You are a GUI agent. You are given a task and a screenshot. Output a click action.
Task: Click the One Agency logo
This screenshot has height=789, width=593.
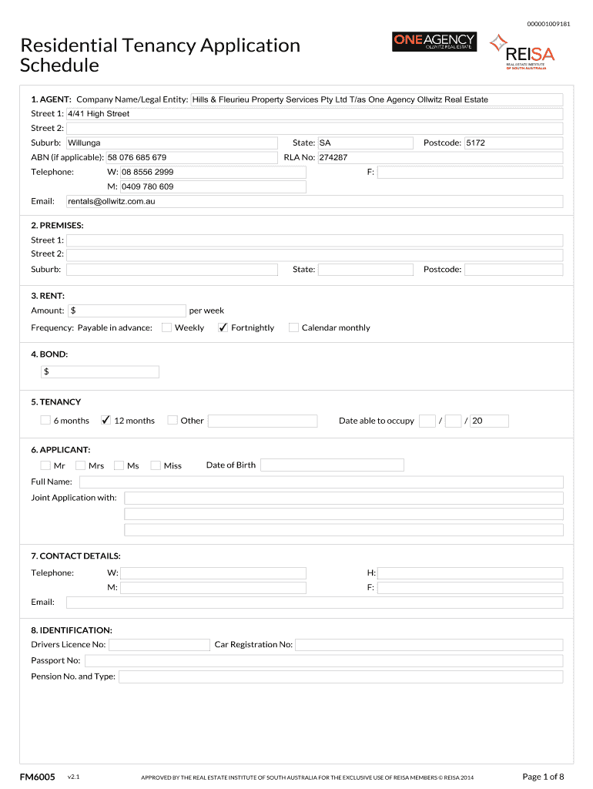pyautogui.click(x=434, y=42)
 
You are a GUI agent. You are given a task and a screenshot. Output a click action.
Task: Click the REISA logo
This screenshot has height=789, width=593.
pyautogui.click(x=523, y=52)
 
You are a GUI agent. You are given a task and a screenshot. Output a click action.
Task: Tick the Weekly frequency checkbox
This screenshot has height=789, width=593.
pyautogui.click(x=166, y=327)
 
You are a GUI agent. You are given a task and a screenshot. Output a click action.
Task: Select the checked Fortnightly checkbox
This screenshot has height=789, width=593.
pyautogui.click(x=223, y=327)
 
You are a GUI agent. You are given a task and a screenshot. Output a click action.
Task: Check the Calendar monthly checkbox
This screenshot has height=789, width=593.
pyautogui.click(x=293, y=327)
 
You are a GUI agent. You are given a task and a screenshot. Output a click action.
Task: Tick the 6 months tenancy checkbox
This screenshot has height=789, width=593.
pyautogui.click(x=45, y=420)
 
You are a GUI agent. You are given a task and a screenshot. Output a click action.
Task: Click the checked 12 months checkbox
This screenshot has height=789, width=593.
pyautogui.click(x=106, y=420)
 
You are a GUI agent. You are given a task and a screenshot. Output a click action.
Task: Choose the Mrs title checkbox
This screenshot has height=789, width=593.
pyautogui.click(x=82, y=465)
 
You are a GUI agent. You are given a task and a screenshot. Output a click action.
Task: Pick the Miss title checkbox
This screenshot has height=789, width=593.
pyautogui.click(x=156, y=465)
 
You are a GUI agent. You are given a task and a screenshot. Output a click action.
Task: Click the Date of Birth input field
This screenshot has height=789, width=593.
pyautogui.click(x=332, y=465)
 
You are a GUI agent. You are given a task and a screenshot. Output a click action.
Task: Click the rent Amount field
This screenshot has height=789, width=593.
pyautogui.click(x=127, y=311)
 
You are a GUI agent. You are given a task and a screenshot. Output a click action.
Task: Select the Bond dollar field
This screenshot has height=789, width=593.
pyautogui.click(x=100, y=372)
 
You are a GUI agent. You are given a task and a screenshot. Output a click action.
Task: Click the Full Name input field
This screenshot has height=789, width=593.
pyautogui.click(x=321, y=482)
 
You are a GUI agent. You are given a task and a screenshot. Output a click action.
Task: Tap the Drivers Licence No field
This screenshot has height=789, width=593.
pyautogui.click(x=159, y=645)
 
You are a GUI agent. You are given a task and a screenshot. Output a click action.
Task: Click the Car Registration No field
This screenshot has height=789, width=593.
pyautogui.click(x=429, y=645)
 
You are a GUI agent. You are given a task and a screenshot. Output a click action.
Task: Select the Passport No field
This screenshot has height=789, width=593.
pyautogui.click(x=323, y=661)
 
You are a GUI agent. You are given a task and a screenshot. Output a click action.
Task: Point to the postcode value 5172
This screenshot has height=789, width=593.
pyautogui.click(x=476, y=143)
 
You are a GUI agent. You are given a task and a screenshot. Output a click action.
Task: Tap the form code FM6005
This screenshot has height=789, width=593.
pyautogui.click(x=37, y=777)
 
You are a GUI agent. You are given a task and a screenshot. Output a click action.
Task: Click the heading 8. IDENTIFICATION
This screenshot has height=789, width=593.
pyautogui.click(x=72, y=630)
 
